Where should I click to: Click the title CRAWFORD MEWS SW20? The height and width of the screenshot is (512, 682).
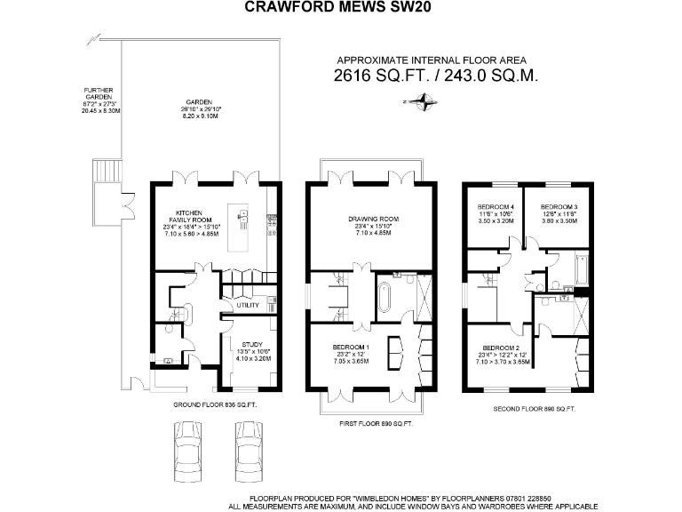coord(340,8)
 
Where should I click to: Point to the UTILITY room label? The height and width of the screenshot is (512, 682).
coord(248,305)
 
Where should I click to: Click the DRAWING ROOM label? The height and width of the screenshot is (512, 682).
coord(372,219)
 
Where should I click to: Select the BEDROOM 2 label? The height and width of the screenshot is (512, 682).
coord(500,348)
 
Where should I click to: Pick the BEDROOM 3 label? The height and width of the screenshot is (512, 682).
coord(559,206)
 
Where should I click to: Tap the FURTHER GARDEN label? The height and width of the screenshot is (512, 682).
coord(97,91)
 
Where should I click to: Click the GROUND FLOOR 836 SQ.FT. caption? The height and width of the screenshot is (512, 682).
coord(215,404)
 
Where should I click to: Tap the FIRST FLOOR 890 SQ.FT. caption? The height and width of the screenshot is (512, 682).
coord(376,424)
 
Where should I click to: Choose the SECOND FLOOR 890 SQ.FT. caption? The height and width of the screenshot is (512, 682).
coord(535,408)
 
